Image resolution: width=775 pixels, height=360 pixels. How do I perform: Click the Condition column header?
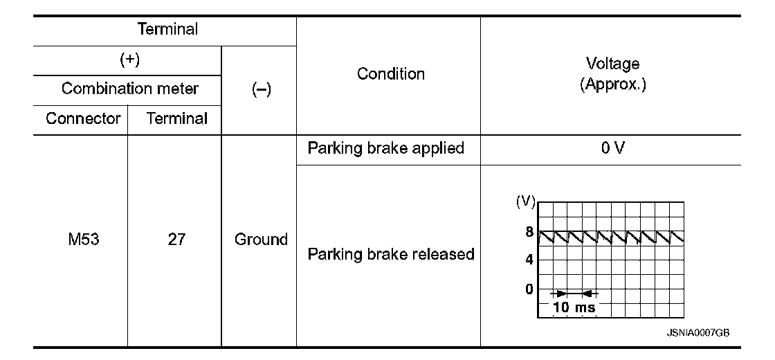[x=391, y=74]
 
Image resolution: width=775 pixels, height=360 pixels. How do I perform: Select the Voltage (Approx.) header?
[x=612, y=75]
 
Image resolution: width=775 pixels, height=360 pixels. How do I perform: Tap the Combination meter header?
[x=129, y=89]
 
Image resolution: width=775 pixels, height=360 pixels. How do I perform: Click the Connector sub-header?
[x=83, y=118]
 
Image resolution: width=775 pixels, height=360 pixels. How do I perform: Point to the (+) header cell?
[x=129, y=60]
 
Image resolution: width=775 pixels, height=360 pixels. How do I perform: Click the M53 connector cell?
[x=82, y=240]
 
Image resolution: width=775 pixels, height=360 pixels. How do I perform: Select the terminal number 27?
[x=176, y=240]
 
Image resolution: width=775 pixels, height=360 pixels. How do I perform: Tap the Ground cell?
[x=261, y=240]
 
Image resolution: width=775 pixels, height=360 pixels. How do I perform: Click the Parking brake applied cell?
[x=385, y=149]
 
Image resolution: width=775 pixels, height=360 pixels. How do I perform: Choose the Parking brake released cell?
[x=391, y=254]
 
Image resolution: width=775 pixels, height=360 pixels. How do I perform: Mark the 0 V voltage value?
[x=612, y=149]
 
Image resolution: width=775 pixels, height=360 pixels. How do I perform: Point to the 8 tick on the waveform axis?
[x=529, y=233]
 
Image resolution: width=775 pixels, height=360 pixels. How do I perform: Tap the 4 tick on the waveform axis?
[x=529, y=260]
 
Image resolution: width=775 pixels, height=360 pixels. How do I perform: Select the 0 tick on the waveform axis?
[x=529, y=289]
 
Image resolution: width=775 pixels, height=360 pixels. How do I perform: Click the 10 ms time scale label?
[x=574, y=307]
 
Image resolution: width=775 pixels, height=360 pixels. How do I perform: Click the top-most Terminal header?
[x=167, y=30]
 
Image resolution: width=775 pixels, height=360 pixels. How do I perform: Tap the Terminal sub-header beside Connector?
[x=176, y=118]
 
